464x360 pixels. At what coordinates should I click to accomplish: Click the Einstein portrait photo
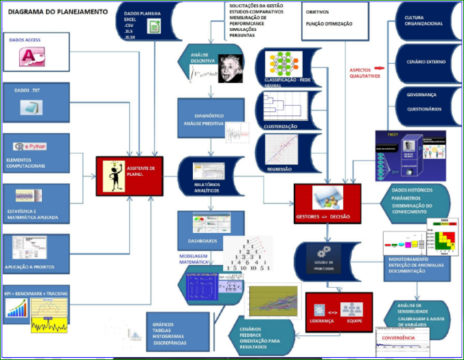[x=229, y=69]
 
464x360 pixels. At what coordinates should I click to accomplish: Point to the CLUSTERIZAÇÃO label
[x=281, y=126]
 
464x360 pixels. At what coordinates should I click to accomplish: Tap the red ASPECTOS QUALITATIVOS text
[x=364, y=73]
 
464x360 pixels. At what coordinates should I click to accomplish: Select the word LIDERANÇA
[x=323, y=319]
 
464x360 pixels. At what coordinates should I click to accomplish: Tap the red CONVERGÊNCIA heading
[x=399, y=337]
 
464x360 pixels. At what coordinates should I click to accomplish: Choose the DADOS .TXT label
[x=27, y=90]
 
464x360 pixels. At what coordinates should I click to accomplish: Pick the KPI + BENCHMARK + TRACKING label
[x=35, y=293]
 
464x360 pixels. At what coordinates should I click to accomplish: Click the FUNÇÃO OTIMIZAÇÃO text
[x=329, y=23]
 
